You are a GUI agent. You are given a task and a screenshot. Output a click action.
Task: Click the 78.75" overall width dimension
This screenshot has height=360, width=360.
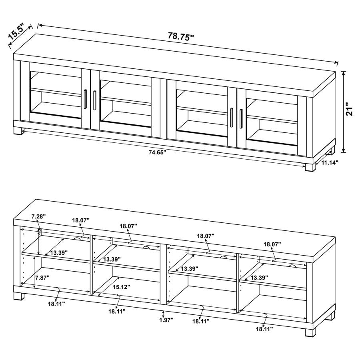181,36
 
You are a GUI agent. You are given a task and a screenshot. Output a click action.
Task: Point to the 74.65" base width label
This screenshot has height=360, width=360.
157,152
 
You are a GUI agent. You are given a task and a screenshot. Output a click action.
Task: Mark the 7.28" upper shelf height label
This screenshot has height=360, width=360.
38,216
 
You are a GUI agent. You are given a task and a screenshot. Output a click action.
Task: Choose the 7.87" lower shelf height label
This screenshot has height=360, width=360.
42,277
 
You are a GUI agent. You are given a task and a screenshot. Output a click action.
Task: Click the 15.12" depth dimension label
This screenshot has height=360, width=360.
120,287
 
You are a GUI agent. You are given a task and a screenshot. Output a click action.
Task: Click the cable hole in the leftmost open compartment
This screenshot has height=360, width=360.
78,239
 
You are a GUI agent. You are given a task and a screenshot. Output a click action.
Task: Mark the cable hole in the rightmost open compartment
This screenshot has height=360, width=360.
292,265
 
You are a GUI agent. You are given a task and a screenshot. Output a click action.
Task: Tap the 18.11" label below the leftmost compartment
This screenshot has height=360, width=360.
56,304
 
